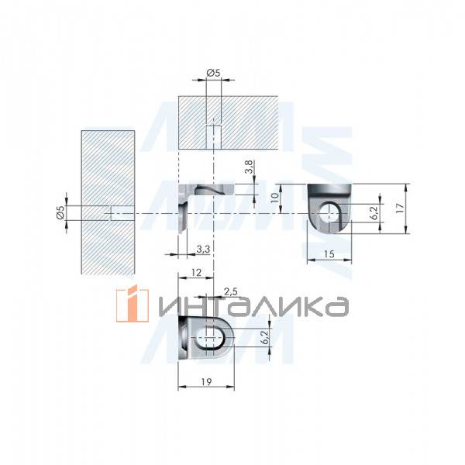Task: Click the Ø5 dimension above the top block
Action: click(x=213, y=73)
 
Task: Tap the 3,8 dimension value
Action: click(x=249, y=167)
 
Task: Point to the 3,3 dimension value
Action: click(x=202, y=248)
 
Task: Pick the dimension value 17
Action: click(x=399, y=207)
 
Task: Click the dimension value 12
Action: click(x=195, y=272)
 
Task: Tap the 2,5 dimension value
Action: click(x=231, y=291)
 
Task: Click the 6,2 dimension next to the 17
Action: click(x=373, y=210)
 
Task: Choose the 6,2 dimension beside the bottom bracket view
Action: click(x=263, y=336)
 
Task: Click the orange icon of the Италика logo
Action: click(x=132, y=304)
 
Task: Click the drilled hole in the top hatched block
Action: click(x=213, y=137)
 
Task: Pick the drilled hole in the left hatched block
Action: click(x=116, y=213)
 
